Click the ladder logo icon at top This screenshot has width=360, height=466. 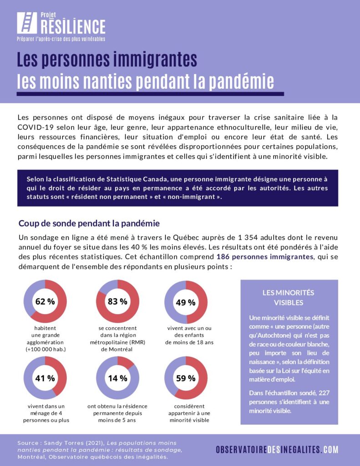click(x=27, y=23)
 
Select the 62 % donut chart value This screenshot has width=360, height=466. click(x=45, y=301)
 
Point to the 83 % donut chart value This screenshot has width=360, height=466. click(x=117, y=301)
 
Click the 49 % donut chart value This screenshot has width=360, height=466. click(x=186, y=302)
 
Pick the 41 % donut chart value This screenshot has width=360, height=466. click(x=45, y=378)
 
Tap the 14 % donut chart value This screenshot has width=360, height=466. click(x=117, y=378)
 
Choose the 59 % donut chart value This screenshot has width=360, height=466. click(x=186, y=378)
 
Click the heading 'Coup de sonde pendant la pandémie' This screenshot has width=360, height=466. click(x=89, y=223)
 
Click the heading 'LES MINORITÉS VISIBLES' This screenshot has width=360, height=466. click(x=289, y=298)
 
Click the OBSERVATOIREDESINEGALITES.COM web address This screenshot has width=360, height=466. click(x=277, y=450)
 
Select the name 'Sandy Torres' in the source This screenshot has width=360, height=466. click(x=61, y=443)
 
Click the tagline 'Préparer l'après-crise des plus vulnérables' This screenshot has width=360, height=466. click(x=61, y=39)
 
